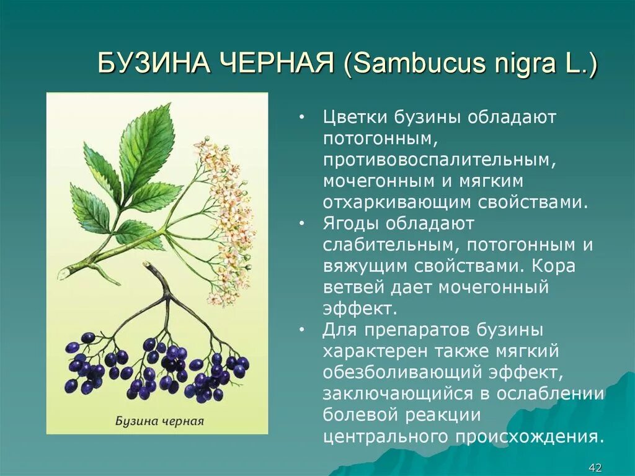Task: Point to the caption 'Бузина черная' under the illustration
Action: pyautogui.click(x=159, y=421)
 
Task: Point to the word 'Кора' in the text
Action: pyautogui.click(x=554, y=266)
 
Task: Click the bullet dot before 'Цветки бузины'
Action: pyautogui.click(x=301, y=117)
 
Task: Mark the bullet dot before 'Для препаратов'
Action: pyautogui.click(x=301, y=329)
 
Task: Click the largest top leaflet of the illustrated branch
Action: pyautogui.click(x=147, y=146)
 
